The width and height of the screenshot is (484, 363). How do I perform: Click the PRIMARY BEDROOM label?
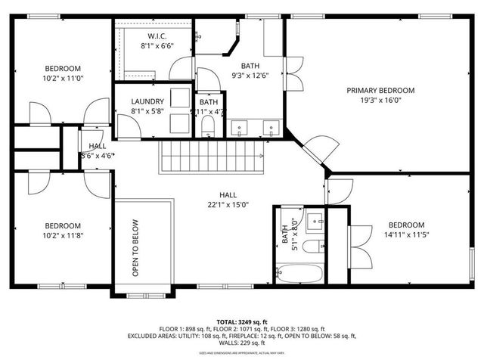click(x=380, y=90)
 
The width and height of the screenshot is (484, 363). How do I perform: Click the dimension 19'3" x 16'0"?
click(x=380, y=100)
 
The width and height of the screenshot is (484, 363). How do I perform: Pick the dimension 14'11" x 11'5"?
click(x=406, y=235)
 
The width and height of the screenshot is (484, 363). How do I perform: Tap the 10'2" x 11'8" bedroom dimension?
click(x=62, y=235)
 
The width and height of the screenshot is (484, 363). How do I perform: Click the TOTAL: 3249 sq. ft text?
click(x=241, y=321)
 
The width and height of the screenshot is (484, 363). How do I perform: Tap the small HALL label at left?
click(x=97, y=146)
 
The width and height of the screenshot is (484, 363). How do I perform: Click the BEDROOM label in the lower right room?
click(x=406, y=225)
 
